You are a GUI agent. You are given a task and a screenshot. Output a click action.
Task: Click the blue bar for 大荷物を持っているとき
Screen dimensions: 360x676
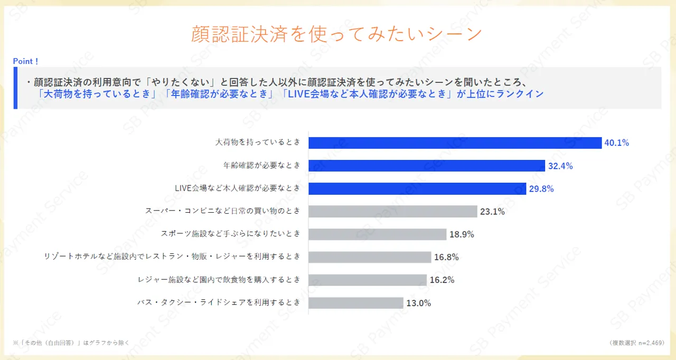pyautogui.click(x=455, y=143)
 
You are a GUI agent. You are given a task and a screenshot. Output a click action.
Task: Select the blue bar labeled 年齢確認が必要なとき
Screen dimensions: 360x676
pyautogui.click(x=426, y=166)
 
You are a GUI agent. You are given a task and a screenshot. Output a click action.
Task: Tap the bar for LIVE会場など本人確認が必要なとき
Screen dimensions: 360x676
pyautogui.click(x=417, y=188)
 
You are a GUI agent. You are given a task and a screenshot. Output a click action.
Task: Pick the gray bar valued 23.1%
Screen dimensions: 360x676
pyautogui.click(x=392, y=212)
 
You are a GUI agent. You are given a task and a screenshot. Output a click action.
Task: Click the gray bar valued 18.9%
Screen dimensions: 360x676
pyautogui.click(x=377, y=234)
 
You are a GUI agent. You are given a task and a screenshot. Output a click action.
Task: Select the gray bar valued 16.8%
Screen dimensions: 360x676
pyautogui.click(x=370, y=257)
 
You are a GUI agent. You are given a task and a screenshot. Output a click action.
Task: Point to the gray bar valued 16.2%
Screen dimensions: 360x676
pyautogui.click(x=367, y=280)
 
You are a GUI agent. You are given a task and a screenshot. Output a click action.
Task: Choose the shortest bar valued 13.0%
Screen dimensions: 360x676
pyautogui.click(x=355, y=303)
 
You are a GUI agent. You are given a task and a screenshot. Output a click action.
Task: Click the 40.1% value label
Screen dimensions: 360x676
pyautogui.click(x=617, y=143)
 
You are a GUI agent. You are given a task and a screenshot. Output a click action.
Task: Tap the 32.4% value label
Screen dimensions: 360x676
pyautogui.click(x=560, y=166)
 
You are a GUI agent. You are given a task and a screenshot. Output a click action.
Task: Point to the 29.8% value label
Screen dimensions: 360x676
pyautogui.click(x=541, y=188)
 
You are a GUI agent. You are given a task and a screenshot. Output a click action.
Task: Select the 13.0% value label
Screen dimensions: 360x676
pyautogui.click(x=419, y=303)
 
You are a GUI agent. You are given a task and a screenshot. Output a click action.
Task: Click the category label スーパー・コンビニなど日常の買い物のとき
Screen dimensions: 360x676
pyautogui.click(x=223, y=211)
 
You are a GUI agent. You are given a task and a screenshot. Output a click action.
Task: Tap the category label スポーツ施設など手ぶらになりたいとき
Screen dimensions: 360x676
pyautogui.click(x=230, y=233)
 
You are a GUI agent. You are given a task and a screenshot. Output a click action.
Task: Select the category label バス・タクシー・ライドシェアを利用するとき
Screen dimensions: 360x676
pyautogui.click(x=219, y=302)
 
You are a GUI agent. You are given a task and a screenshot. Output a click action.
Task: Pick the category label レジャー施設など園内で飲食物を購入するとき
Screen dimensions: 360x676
pyautogui.click(x=219, y=279)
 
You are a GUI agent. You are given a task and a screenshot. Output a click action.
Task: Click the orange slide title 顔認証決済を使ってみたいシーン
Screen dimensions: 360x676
pyautogui.click(x=337, y=34)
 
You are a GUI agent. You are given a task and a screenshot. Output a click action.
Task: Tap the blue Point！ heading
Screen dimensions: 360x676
pyautogui.click(x=26, y=61)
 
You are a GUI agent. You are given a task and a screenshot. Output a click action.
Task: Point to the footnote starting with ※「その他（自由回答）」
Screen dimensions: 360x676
pyautogui.click(x=71, y=343)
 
